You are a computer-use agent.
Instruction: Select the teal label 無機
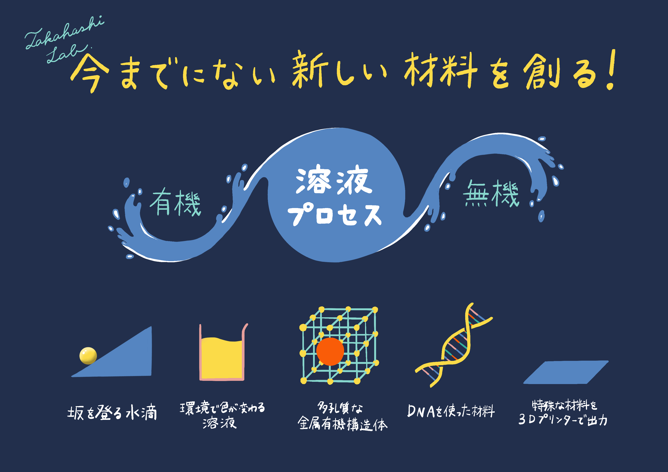point(491,193)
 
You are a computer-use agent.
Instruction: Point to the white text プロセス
point(334,215)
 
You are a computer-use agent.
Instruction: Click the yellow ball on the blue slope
point(88,355)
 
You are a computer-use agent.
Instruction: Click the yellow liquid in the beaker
point(222,358)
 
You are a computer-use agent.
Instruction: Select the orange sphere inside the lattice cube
point(330,352)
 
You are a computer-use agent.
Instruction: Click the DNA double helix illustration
point(454,345)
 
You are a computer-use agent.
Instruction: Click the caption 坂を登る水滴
point(112,412)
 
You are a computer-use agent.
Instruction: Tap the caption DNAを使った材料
point(451,411)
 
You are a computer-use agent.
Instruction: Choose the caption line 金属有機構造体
point(342,424)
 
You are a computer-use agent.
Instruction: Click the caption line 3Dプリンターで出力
point(563,420)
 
